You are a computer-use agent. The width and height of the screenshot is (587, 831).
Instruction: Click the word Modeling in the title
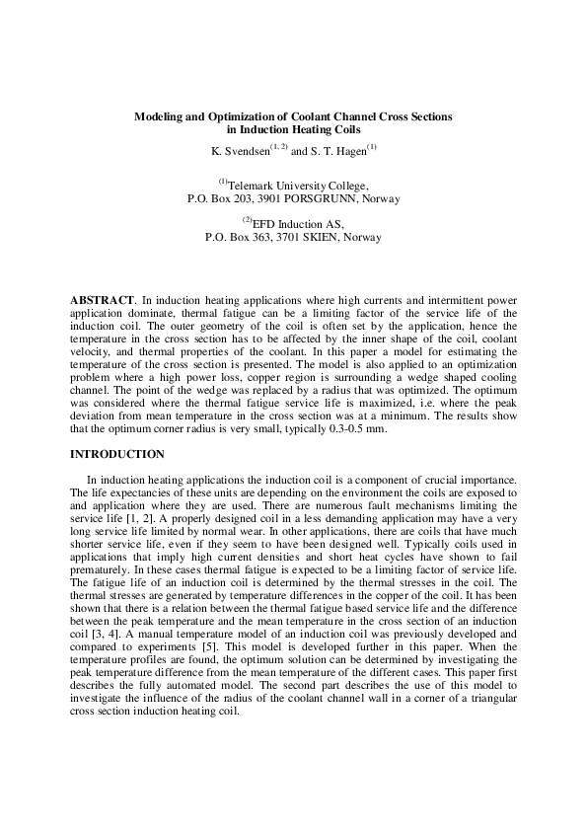point(158,116)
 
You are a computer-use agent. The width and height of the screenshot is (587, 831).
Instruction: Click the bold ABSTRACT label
point(103,298)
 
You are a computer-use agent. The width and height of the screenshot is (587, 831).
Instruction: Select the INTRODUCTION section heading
point(116,454)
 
